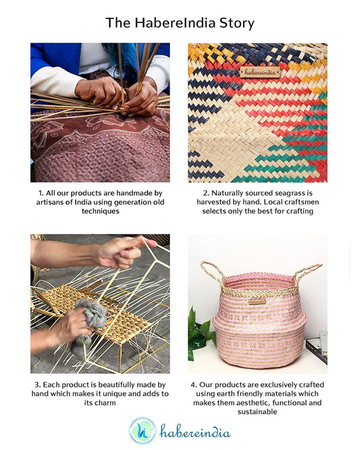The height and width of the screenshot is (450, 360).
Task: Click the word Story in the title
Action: [237, 23]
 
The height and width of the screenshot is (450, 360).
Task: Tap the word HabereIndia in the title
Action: [175, 23]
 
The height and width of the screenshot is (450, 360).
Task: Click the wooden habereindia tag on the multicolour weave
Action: [260, 72]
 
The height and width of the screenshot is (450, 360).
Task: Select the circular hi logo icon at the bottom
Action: [143, 431]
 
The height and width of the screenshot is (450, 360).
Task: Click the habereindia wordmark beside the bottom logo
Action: [195, 431]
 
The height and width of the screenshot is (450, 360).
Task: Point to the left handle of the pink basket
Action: [212, 272]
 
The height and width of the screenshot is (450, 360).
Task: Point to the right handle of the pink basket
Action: [307, 273]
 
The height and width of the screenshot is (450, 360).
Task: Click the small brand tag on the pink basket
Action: [257, 301]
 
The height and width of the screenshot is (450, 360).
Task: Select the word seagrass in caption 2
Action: [288, 193]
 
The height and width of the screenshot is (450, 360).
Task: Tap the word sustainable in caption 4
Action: [257, 412]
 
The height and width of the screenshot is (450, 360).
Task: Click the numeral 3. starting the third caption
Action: [38, 384]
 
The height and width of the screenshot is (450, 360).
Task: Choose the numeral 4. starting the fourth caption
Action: [194, 384]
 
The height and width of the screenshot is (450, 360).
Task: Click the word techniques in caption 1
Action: [101, 211]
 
